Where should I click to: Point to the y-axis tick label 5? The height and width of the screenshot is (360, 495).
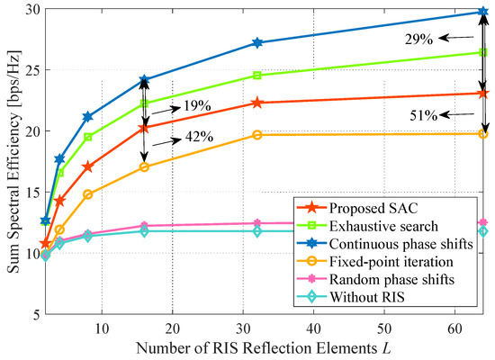coord(34,314)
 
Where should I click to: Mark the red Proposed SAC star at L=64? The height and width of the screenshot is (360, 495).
coord(483,94)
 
